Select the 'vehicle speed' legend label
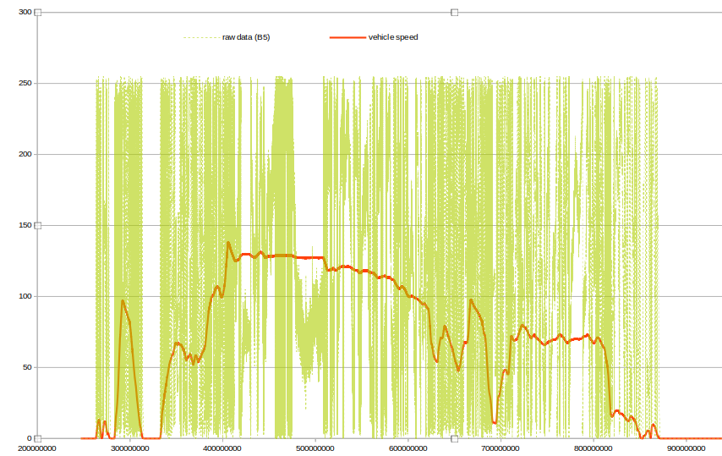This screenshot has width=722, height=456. (x=393, y=37)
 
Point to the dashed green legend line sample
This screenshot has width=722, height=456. (x=200, y=37)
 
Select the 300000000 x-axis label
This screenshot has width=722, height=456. (x=131, y=448)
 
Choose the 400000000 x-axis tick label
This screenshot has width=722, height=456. (x=224, y=448)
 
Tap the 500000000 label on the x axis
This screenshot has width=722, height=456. (x=316, y=448)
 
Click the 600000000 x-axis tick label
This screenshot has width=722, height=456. (x=409, y=448)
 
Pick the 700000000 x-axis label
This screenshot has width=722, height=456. (x=501, y=448)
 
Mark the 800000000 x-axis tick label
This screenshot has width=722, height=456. (x=594, y=448)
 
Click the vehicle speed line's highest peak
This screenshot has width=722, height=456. (x=228, y=243)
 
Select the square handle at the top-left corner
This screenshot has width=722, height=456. (x=38, y=13)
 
